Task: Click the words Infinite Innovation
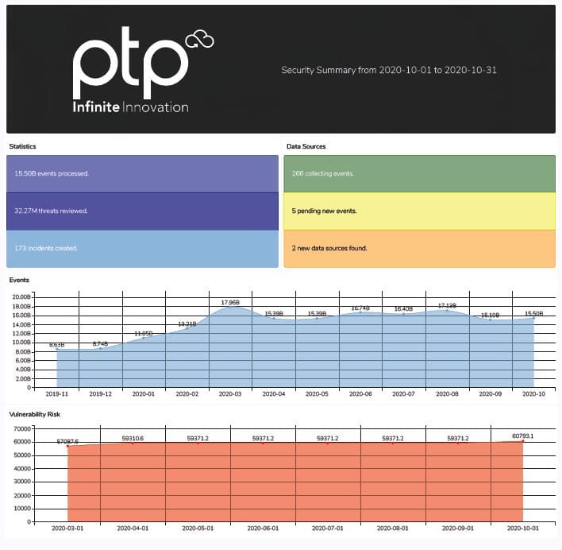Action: (130, 107)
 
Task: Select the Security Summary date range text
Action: (389, 70)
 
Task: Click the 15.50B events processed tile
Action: (142, 173)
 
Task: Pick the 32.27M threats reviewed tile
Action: (142, 211)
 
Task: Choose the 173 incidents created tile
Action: (142, 248)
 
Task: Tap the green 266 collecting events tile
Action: (419, 173)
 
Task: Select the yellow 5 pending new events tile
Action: (419, 211)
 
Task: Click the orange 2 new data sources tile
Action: (419, 248)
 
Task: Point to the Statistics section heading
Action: (22, 147)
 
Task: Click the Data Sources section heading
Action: (306, 147)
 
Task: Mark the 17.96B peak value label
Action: (230, 302)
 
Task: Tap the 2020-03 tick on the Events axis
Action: (230, 393)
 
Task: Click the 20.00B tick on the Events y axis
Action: (19, 296)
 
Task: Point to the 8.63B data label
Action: (57, 345)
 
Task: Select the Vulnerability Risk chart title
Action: (34, 415)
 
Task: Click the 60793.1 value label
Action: (522, 436)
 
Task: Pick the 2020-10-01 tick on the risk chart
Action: (522, 528)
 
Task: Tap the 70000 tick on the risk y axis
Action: (21, 428)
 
